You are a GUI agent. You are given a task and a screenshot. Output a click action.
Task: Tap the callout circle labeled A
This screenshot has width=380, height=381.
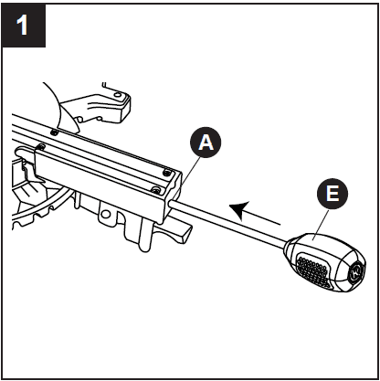206,142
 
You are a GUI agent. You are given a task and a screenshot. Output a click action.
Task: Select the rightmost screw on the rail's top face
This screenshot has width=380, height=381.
165,172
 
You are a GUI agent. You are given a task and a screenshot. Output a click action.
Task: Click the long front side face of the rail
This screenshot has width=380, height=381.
100,178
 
